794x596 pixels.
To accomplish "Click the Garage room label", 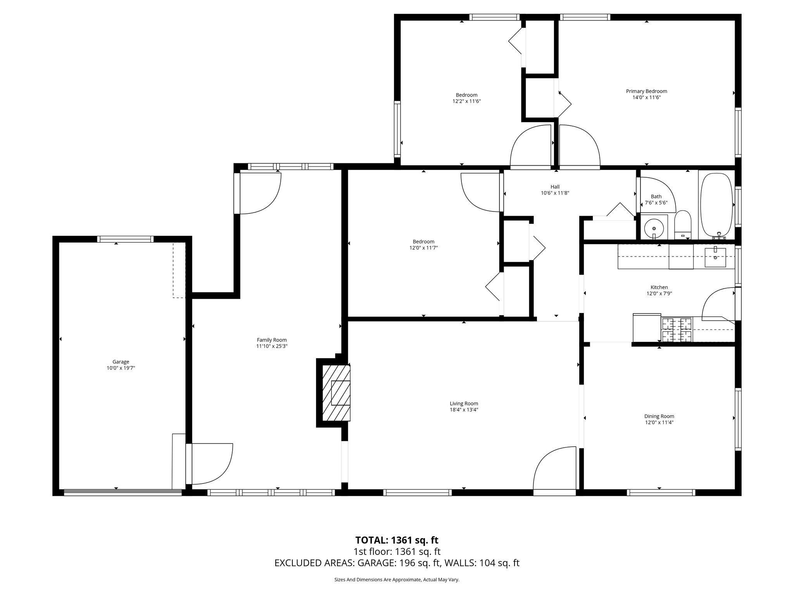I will coord(121,362).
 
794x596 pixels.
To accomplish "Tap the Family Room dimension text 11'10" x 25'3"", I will coord(272,346).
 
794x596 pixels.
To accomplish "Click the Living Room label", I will coord(464,403).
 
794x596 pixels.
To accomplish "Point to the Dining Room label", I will coord(659,416).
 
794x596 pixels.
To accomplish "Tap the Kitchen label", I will coord(659,287).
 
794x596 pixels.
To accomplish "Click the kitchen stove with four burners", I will coord(677,329).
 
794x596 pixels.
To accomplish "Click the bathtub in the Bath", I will coord(716,205).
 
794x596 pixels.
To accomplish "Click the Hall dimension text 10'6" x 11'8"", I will coord(555,193).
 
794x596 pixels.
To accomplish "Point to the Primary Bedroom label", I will coord(646,91).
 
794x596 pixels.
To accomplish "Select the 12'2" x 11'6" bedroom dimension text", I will coord(466,101).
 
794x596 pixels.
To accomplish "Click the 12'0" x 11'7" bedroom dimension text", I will coord(423,248).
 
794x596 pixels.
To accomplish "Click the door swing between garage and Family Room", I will coord(211,464).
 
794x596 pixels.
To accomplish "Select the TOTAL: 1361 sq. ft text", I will coord(397,540).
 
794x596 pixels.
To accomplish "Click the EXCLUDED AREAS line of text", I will coord(397,563).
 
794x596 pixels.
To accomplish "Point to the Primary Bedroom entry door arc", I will coord(580,146).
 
